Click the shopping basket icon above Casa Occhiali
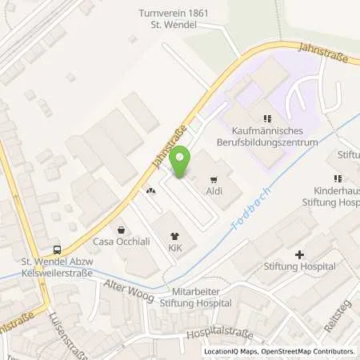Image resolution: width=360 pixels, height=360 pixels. [120, 229]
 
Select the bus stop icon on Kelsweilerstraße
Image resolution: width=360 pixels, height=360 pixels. [57, 249]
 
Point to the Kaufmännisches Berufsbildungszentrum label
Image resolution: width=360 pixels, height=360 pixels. [266, 136]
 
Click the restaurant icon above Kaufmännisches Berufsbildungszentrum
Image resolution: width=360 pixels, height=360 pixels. [266, 118]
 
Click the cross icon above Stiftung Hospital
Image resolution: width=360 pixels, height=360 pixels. [299, 255]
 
